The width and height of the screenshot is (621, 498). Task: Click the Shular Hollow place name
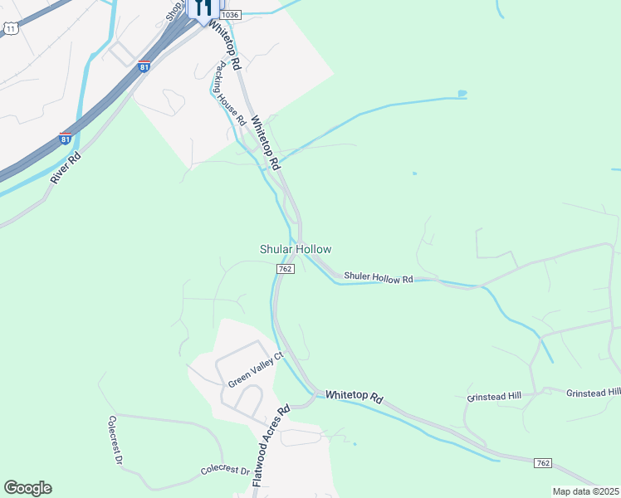[x=296, y=249]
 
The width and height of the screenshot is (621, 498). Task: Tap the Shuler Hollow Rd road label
[x=378, y=277]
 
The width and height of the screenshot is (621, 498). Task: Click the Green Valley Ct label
[x=256, y=369]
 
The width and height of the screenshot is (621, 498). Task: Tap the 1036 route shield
[x=232, y=15]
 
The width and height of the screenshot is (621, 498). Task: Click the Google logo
[x=27, y=488]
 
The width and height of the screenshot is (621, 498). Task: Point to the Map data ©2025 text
[x=585, y=491]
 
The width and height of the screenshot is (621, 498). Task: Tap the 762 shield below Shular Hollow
[x=285, y=269]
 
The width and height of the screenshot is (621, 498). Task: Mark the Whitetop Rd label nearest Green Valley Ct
[x=354, y=398]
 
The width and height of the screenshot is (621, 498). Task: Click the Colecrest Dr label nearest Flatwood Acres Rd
[x=225, y=471]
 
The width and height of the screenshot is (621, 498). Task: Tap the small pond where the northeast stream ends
[x=462, y=93]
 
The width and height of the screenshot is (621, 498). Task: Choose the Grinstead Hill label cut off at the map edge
[x=594, y=393]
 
